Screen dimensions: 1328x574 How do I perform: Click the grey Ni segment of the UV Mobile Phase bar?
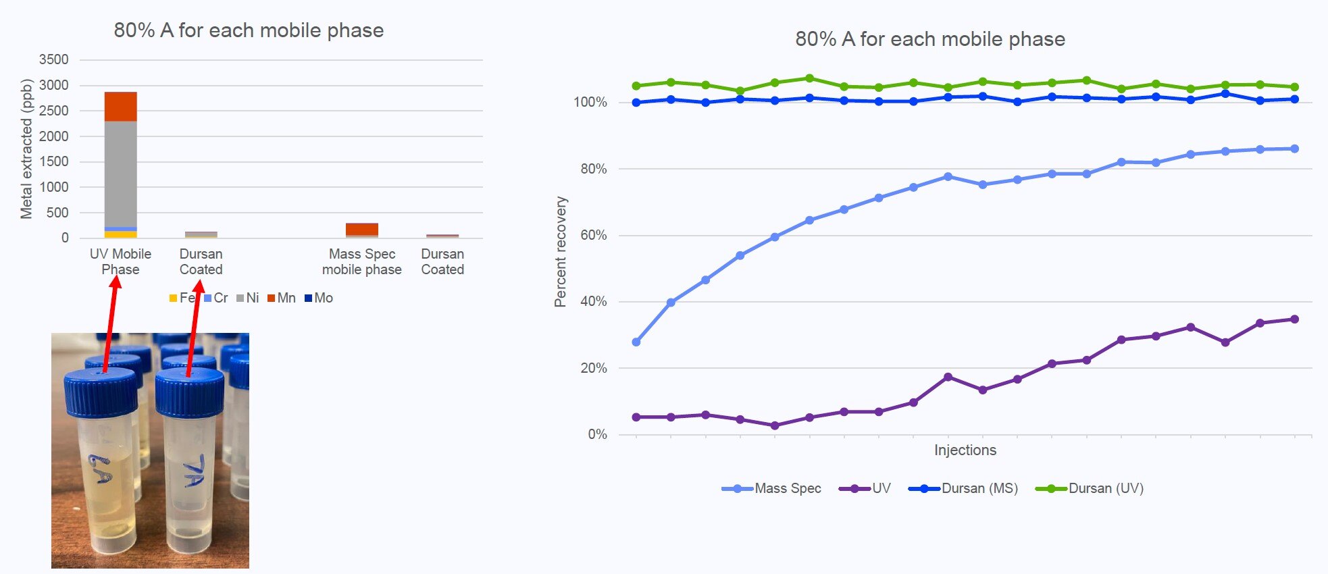tap(121, 174)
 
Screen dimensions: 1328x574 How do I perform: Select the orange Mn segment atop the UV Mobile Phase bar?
tap(121, 107)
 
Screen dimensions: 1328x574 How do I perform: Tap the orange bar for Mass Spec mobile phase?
tap(362, 230)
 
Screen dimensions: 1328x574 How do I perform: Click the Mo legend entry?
tap(319, 298)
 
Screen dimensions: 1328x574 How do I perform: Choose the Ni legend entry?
tap(248, 298)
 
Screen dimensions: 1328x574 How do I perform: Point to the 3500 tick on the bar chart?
tap(54, 59)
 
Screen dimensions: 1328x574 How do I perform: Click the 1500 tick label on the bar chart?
tap(54, 161)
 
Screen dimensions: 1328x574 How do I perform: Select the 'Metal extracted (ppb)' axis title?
tap(26, 149)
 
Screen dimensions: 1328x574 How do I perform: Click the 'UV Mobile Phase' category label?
tap(121, 261)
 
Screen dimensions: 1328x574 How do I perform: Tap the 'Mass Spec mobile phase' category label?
tap(362, 261)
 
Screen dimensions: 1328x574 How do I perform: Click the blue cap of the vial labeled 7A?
tap(190, 392)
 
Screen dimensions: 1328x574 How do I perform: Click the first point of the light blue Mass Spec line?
tap(636, 342)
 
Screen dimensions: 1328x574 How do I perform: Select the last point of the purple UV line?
tap(1295, 319)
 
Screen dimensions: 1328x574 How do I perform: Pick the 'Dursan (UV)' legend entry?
tap(1090, 488)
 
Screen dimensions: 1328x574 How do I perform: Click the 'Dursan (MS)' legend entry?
tap(963, 488)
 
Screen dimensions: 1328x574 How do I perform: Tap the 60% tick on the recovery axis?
tap(594, 235)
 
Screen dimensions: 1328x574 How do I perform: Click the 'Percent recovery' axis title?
tap(561, 252)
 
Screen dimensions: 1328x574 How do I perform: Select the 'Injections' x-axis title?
tap(965, 450)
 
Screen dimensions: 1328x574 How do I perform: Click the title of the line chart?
tap(930, 39)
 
